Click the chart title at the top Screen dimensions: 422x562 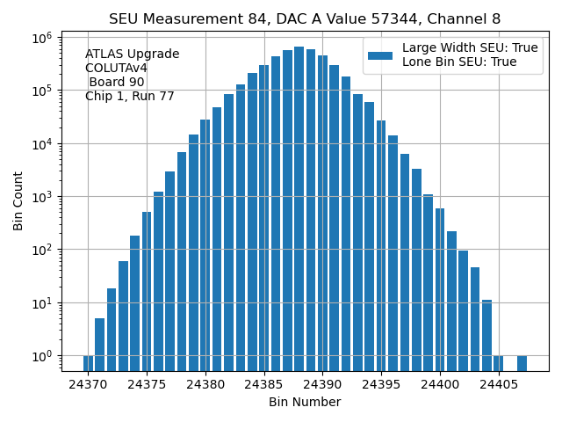point(305,18)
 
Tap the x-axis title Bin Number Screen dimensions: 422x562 point(305,402)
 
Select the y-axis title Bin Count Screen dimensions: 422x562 point(18,201)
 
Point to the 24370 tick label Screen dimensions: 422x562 point(88,384)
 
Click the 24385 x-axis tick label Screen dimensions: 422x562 point(264,384)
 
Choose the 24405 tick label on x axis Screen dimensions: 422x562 point(499,384)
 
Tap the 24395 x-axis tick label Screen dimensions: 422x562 point(381,384)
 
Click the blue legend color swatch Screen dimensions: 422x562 point(380,55)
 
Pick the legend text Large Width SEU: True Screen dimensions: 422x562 point(470,48)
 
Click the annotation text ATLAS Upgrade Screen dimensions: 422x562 point(132,55)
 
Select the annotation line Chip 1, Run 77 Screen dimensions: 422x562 point(129,97)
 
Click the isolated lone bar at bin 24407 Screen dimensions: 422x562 point(522,363)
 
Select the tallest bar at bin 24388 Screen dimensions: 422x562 point(299,202)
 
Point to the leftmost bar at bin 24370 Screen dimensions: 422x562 point(88,363)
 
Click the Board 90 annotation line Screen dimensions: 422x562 point(116,83)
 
